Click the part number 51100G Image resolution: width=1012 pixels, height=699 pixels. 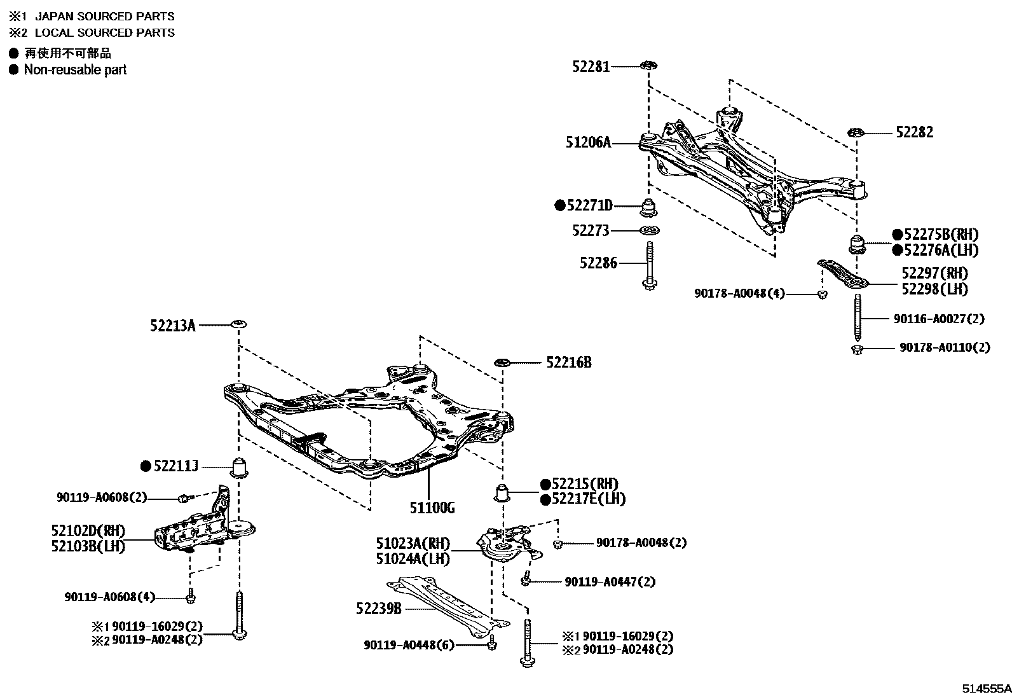tap(432, 508)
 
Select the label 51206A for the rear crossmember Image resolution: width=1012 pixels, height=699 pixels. tap(588, 143)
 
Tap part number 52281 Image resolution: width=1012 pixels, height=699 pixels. tap(591, 66)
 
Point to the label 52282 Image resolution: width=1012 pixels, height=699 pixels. tap(914, 132)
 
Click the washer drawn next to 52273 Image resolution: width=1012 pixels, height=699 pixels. tap(648, 230)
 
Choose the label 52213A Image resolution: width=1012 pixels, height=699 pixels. tap(172, 326)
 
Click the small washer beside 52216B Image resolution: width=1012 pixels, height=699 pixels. tap(503, 363)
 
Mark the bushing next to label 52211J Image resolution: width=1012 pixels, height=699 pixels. tap(239, 468)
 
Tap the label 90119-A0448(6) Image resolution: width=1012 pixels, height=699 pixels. tap(409, 645)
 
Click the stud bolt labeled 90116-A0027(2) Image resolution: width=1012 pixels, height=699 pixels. tap(858, 318)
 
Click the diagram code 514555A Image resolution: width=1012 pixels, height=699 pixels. tap(985, 689)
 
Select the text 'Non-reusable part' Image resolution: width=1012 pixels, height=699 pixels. tap(75, 70)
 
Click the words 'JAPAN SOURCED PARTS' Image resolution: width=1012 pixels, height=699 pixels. tap(104, 16)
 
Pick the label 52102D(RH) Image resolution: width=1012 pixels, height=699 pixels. tap(88, 530)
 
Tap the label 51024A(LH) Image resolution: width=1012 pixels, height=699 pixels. tap(413, 559)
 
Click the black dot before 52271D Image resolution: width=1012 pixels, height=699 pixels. tap(560, 205)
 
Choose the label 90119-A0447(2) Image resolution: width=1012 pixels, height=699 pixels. tap(610, 581)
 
